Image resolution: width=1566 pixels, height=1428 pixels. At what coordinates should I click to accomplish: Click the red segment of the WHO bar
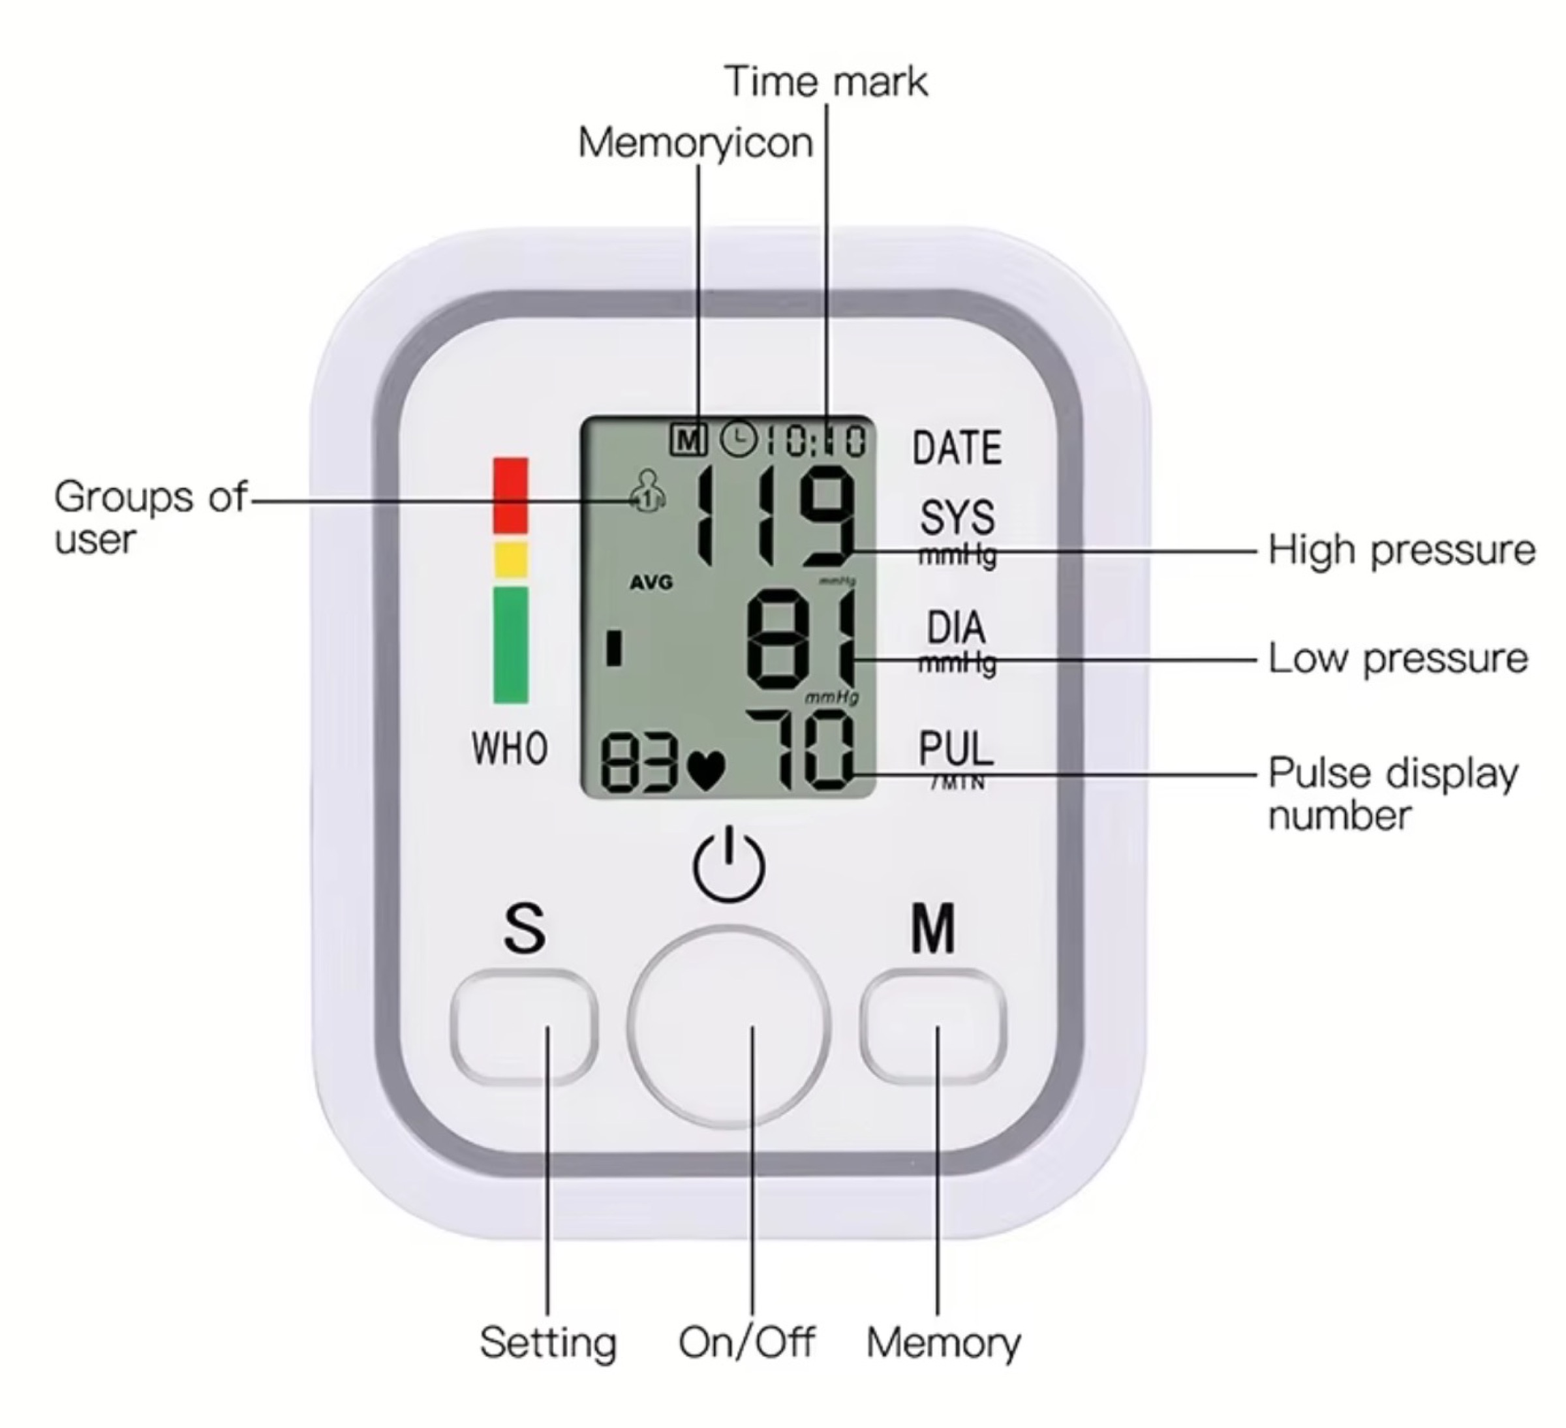coord(510,494)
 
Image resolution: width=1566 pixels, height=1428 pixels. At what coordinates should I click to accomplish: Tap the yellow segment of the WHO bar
coord(510,559)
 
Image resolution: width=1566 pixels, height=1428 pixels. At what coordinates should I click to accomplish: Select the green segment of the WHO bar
coord(510,645)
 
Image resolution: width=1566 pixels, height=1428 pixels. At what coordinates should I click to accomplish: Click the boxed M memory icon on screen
coord(688,440)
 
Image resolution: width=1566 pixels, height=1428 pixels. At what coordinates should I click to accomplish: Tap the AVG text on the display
coord(651,583)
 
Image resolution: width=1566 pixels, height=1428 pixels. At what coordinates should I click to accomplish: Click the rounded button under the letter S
coord(523,1027)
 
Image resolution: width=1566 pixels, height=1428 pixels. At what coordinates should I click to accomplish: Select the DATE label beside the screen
coord(957,448)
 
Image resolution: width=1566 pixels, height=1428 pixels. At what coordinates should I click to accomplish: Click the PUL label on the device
coord(956,748)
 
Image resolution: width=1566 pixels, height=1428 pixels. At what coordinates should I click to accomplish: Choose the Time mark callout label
coord(825,82)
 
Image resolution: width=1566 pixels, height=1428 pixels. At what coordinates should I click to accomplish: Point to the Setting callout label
coord(547,1343)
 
